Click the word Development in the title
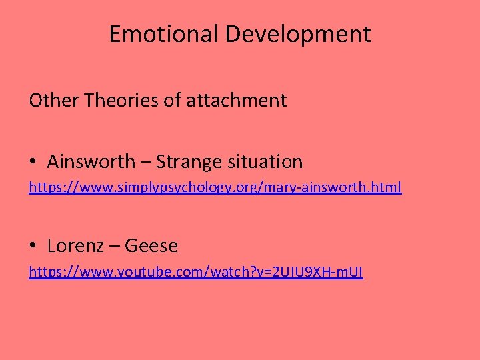298,34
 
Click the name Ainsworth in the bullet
90,161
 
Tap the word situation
265,161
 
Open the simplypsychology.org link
215,188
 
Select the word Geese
151,246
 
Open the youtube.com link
195,272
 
